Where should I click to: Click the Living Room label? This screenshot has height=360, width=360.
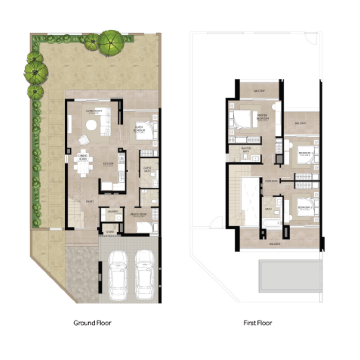click(x=94, y=111)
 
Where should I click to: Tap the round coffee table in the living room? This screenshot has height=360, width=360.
click(x=91, y=125)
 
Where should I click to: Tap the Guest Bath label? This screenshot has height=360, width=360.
click(x=147, y=170)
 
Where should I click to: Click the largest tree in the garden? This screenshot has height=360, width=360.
click(x=111, y=41)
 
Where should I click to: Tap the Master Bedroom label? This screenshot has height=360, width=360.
click(x=263, y=117)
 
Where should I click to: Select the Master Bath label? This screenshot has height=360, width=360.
click(x=246, y=149)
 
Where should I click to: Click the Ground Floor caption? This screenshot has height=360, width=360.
click(x=92, y=323)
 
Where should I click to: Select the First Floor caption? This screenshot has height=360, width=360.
click(x=257, y=323)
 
